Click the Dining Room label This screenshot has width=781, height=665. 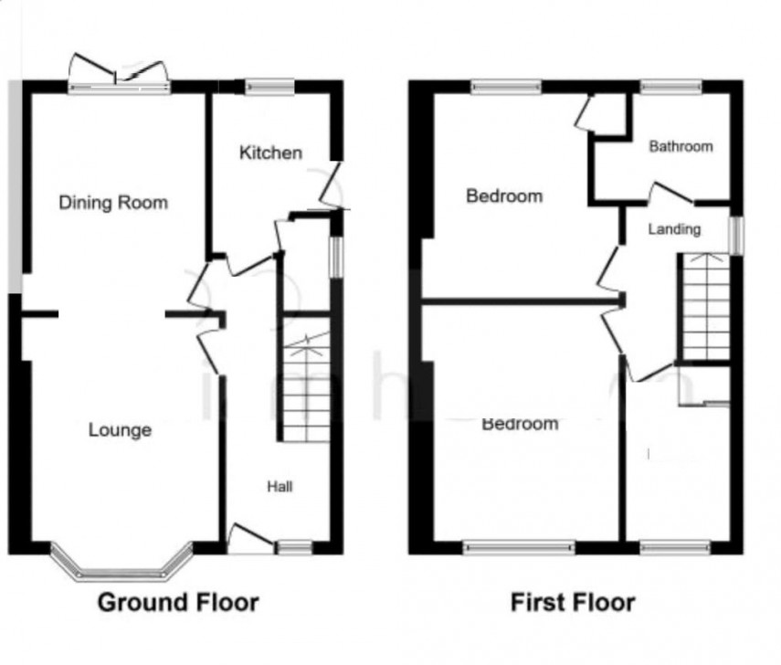click(x=113, y=202)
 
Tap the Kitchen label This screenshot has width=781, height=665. click(x=270, y=153)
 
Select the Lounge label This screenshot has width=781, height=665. click(x=120, y=430)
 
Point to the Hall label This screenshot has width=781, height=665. click(x=280, y=487)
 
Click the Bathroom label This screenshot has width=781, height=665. click(x=681, y=146)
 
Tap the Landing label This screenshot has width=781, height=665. click(x=674, y=228)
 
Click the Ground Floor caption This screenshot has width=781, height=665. click(x=177, y=603)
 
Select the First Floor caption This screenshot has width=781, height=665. click(x=572, y=603)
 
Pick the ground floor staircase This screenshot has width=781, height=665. click(x=304, y=388)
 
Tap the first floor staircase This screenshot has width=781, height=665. click(x=706, y=307)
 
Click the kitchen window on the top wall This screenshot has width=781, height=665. click(x=269, y=87)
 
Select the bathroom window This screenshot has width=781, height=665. click(x=670, y=88)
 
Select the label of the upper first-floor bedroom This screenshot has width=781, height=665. click(x=503, y=195)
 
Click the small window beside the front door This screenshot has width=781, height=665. click(x=294, y=547)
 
